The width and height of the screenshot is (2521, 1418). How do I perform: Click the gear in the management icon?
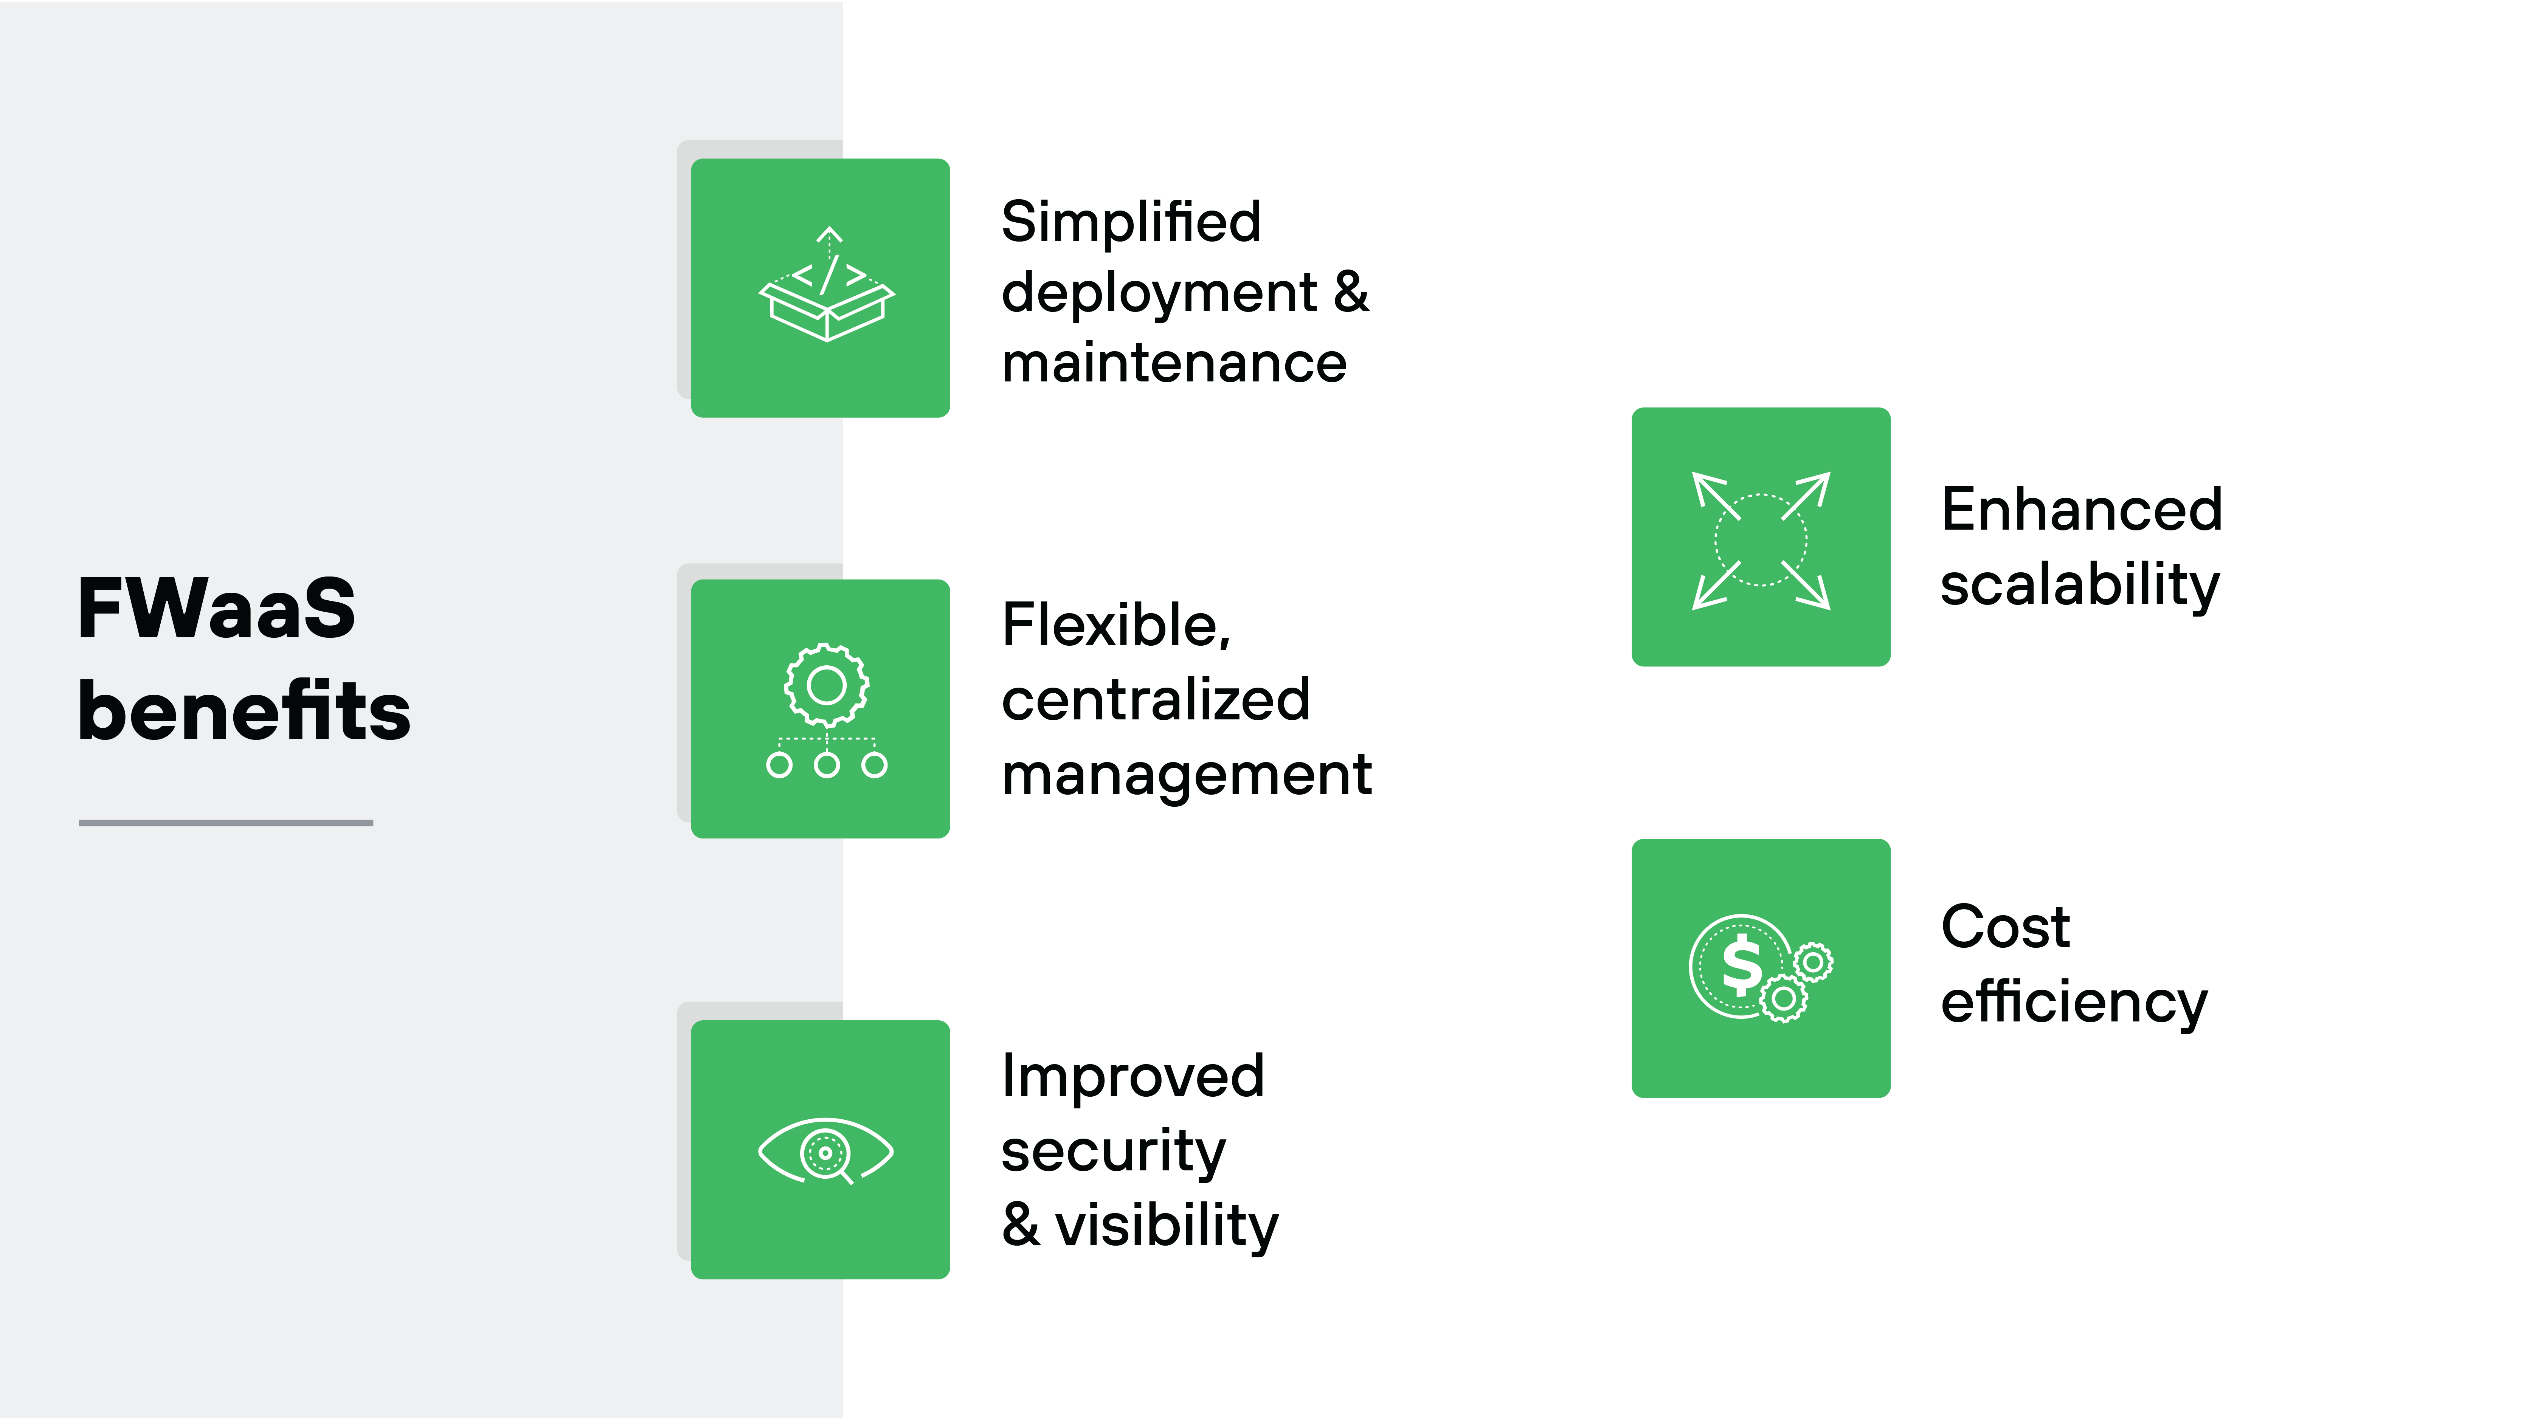pos(826,685)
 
